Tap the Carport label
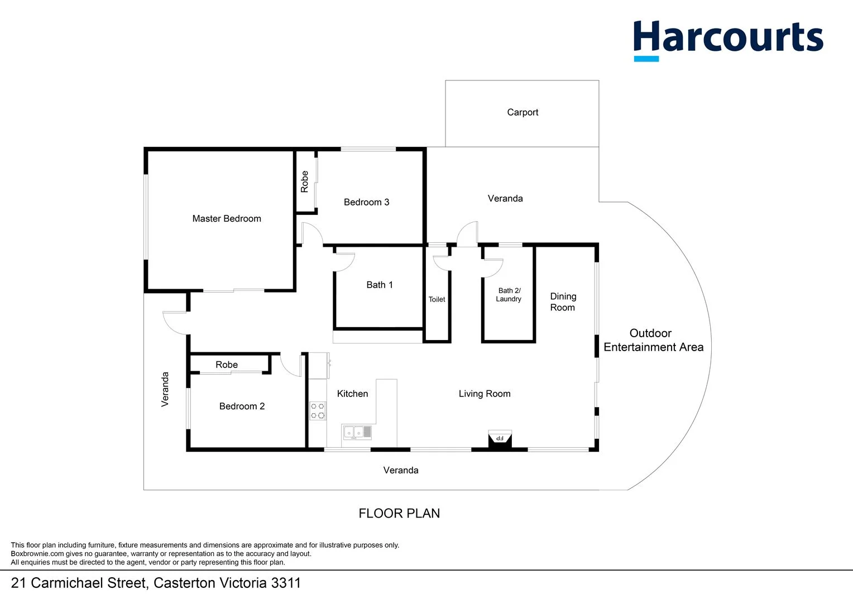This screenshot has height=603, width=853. (x=523, y=112)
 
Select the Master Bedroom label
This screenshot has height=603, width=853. (x=227, y=218)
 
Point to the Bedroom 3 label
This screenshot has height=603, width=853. (x=366, y=202)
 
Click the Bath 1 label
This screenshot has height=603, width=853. (x=380, y=285)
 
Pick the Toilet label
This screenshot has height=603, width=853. (x=437, y=299)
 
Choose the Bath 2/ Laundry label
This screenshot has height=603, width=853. (x=509, y=295)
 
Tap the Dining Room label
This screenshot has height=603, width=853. (x=563, y=302)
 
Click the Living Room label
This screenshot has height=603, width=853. (x=485, y=394)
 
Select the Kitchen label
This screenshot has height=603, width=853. (x=352, y=394)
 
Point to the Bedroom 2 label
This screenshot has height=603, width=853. (x=242, y=406)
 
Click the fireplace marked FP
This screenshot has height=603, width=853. (x=500, y=438)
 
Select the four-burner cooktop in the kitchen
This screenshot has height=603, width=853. (x=318, y=411)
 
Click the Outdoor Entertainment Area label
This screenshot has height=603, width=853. (x=653, y=340)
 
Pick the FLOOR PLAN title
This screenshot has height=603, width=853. (x=399, y=513)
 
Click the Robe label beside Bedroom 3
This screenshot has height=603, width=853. (x=305, y=181)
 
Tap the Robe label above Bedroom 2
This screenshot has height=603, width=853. (x=227, y=365)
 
